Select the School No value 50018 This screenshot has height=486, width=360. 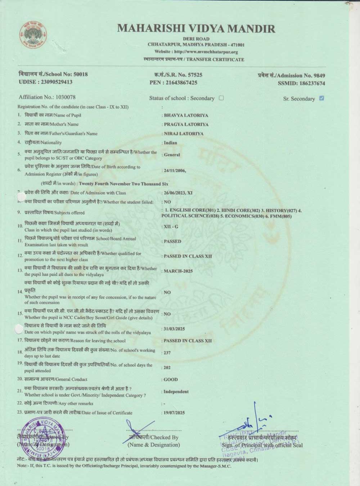pyautogui.click(x=81, y=74)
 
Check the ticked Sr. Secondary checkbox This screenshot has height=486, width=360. pyautogui.click(x=322, y=98)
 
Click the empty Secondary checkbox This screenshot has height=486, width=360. pyautogui.click(x=221, y=98)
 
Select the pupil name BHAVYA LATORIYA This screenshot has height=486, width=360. pyautogui.click(x=186, y=116)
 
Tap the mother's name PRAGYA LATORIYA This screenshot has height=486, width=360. pyautogui.click(x=186, y=125)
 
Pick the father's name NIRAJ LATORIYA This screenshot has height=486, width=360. pyautogui.click(x=184, y=134)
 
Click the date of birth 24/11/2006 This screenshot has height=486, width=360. pyautogui.click(x=175, y=170)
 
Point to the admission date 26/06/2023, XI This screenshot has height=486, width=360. pyautogui.click(x=178, y=193)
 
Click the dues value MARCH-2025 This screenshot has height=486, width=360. pyautogui.click(x=178, y=271)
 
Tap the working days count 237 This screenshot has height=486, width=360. pyautogui.click(x=167, y=353)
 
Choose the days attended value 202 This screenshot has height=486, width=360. pyautogui.click(x=167, y=368)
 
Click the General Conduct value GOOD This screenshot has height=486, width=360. pyautogui.click(x=171, y=379)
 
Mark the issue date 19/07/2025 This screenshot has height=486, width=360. pyautogui.click(x=174, y=413)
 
